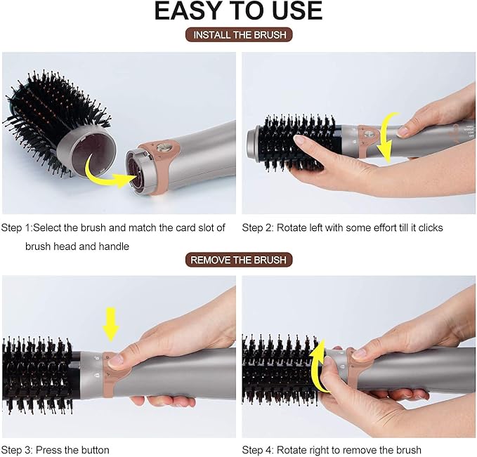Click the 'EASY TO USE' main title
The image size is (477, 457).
coord(239,11)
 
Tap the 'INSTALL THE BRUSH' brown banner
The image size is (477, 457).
coord(239,34)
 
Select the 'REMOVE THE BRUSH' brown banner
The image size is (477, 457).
coord(239,260)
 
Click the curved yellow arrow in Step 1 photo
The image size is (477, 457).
coord(107,175)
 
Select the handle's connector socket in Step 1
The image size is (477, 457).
coord(136,172)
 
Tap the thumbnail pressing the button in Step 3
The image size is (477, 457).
coord(115,361)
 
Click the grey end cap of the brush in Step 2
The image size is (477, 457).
coord(253,145)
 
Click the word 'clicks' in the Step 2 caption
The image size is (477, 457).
coord(431,227)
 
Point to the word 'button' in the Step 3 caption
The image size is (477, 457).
coord(96,450)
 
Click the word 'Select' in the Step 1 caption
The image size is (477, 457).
coord(47,227)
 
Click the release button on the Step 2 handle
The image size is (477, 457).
coord(369,133)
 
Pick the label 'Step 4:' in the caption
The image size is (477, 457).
coord(258,450)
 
